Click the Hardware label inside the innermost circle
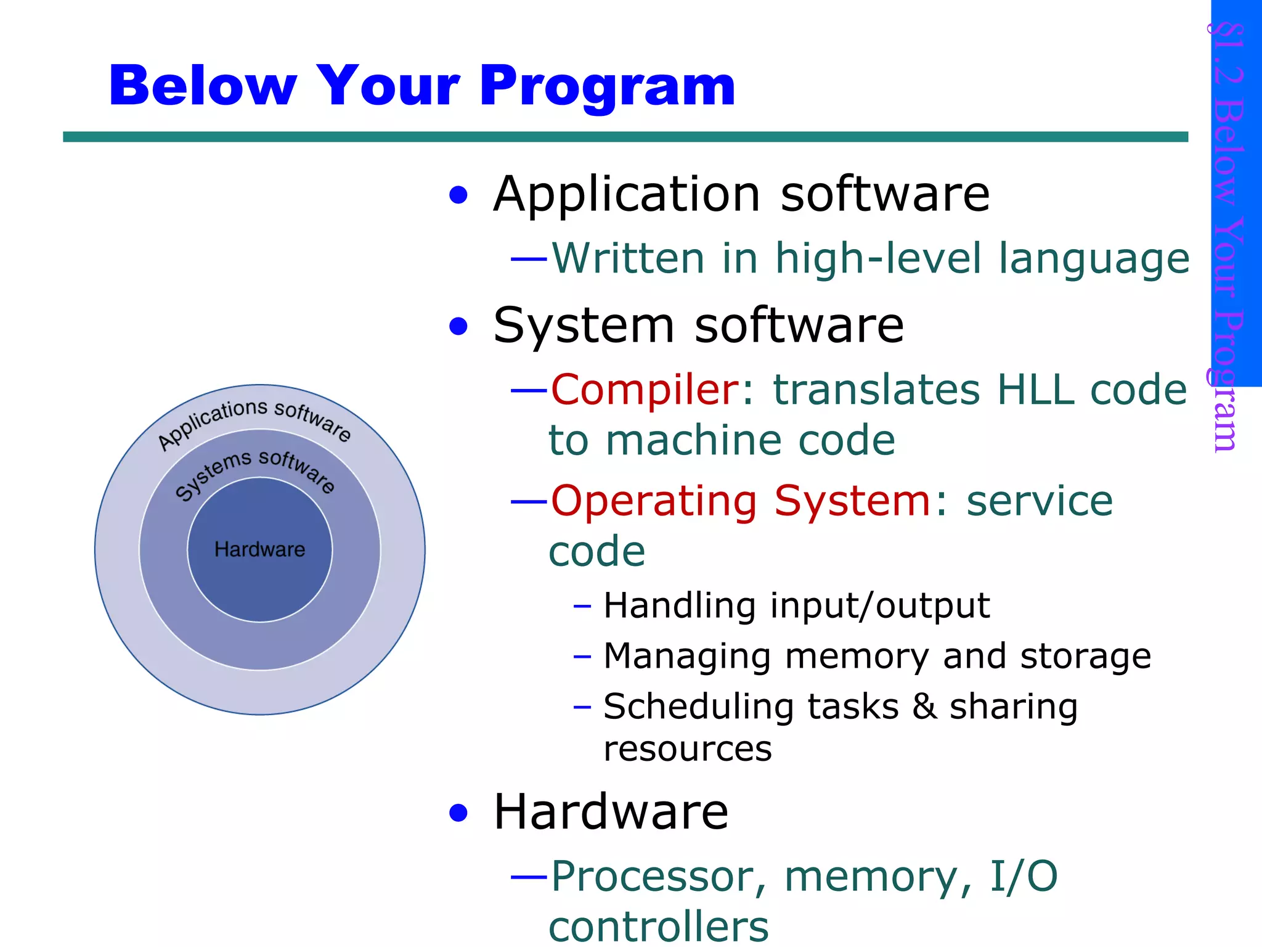pos(259,549)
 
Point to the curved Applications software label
pos(254,419)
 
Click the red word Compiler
pos(644,390)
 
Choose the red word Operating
pos(654,501)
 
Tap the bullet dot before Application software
pos(458,196)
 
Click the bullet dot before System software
pos(458,326)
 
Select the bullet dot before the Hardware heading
pos(458,813)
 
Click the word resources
pos(688,749)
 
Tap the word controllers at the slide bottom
pos(658,927)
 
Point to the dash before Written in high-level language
pos(529,260)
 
